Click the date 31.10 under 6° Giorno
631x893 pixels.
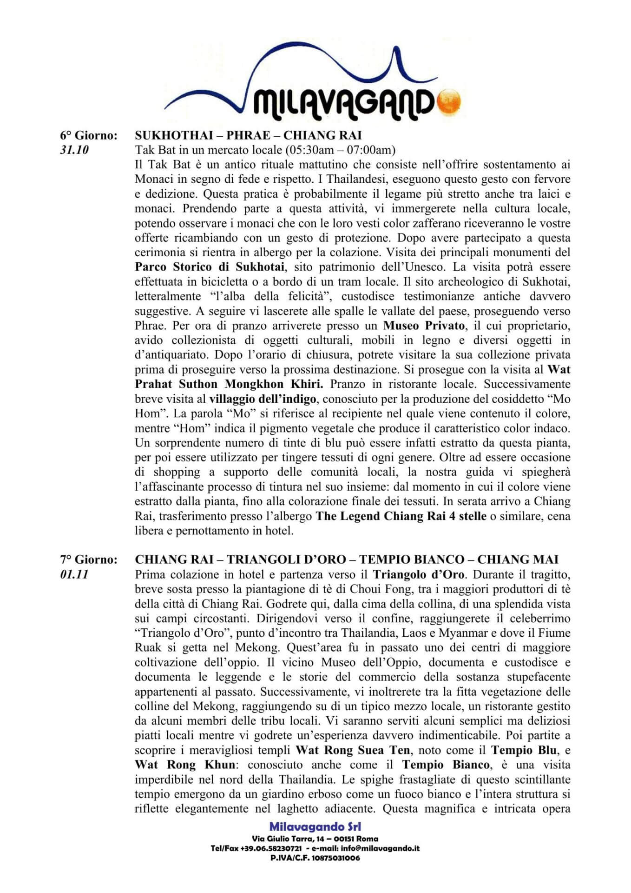coord(74,150)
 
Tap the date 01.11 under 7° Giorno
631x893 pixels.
coord(74,574)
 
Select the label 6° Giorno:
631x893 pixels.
coord(88,135)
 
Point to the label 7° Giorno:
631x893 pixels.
coord(88,560)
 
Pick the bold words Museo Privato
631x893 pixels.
coord(424,325)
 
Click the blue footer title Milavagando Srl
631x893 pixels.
coord(315,826)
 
